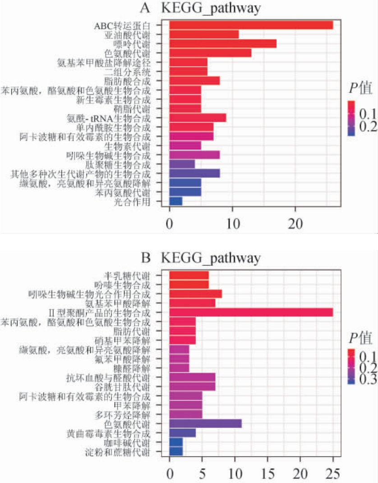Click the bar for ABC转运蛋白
pyautogui.click(x=251, y=25)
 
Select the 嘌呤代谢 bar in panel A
pyautogui.click(x=222, y=44)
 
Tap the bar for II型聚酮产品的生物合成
pyautogui.click(x=251, y=312)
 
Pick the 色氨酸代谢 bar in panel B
pyautogui.click(x=205, y=423)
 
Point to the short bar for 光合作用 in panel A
pyautogui.click(x=175, y=201)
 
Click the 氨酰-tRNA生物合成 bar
pyautogui.click(x=198, y=118)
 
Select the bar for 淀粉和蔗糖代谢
pyautogui.click(x=176, y=451)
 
